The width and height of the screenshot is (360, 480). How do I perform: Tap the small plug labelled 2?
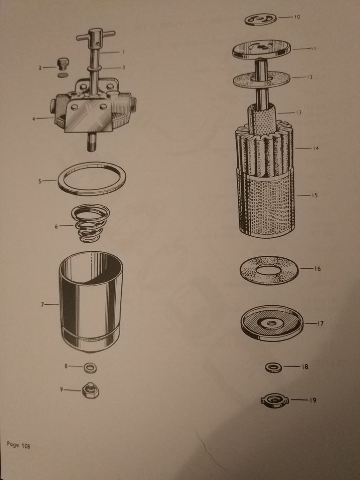[63, 64]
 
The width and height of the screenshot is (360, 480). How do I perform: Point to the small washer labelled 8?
[90, 367]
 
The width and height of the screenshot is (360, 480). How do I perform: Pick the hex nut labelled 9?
[90, 390]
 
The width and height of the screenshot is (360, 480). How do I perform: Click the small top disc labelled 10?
[261, 19]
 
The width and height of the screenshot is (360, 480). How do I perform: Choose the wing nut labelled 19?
[275, 401]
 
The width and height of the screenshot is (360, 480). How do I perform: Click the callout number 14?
[315, 149]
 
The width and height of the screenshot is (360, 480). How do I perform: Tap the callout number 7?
[43, 304]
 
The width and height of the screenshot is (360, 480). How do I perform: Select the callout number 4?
[34, 119]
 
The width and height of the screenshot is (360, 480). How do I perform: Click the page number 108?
[26, 446]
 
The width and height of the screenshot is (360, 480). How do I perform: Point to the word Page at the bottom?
[13, 444]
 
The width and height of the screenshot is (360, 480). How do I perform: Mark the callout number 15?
[315, 195]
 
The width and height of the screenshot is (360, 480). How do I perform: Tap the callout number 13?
[299, 112]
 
